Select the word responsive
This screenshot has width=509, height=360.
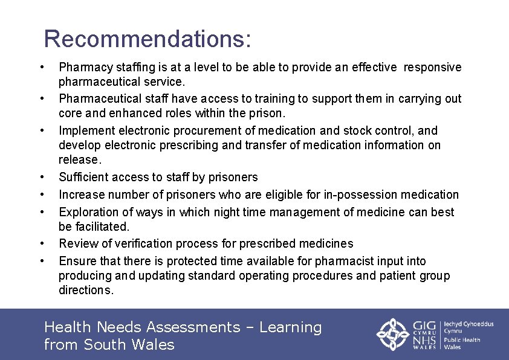tap(432, 67)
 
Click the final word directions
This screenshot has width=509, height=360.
tap(85, 290)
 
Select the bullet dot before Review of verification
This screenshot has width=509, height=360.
tap(42, 243)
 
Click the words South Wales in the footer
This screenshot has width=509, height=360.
tap(129, 345)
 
